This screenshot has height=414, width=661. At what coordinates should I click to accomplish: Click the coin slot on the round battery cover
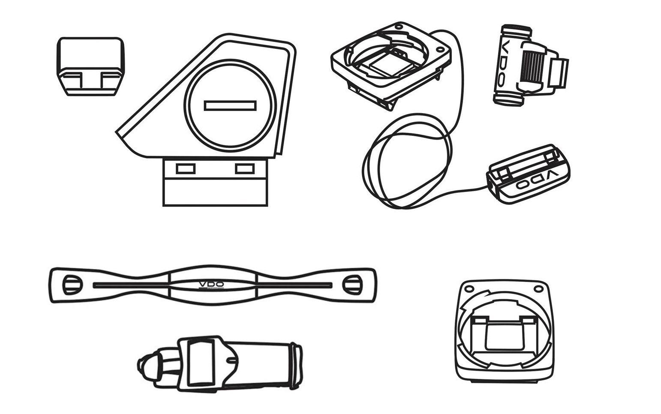230,105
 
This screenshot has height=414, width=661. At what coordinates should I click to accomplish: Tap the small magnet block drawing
90,66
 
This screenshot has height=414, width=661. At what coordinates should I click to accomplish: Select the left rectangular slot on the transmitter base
186,169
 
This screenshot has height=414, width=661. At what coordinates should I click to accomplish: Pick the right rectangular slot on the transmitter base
245,169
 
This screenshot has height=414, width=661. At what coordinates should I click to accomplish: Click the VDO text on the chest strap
211,285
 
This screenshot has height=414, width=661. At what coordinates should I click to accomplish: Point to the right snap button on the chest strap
352,285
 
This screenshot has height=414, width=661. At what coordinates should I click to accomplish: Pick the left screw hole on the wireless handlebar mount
468,287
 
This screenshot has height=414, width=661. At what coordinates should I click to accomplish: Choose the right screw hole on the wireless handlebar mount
538,288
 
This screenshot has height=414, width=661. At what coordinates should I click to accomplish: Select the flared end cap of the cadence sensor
296,366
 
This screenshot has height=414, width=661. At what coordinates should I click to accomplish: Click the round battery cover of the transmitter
230,105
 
